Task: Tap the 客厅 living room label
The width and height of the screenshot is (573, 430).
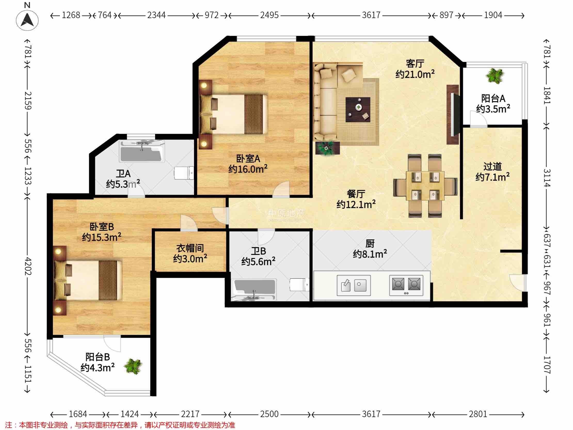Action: coord(415,63)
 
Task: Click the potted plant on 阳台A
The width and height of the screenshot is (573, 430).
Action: coord(495,76)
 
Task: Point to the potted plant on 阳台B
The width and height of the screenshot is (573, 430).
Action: coord(133,366)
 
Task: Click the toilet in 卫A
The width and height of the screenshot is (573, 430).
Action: coord(184,173)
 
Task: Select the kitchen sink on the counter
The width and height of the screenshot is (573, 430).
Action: coord(354,286)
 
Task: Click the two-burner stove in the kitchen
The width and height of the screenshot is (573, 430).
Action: coord(406,286)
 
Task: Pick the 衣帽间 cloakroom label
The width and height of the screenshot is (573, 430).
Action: coord(190,248)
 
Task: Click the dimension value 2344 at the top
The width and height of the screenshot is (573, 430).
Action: coord(156,15)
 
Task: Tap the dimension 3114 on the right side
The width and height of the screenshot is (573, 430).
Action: coord(546,178)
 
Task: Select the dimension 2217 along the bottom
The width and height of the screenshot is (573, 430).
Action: coord(190,414)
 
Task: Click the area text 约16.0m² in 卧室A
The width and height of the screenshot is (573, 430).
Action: coord(248,169)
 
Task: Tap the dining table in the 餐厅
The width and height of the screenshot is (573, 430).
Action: coord(425,186)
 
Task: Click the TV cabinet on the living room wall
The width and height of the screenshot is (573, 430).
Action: coord(453,114)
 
